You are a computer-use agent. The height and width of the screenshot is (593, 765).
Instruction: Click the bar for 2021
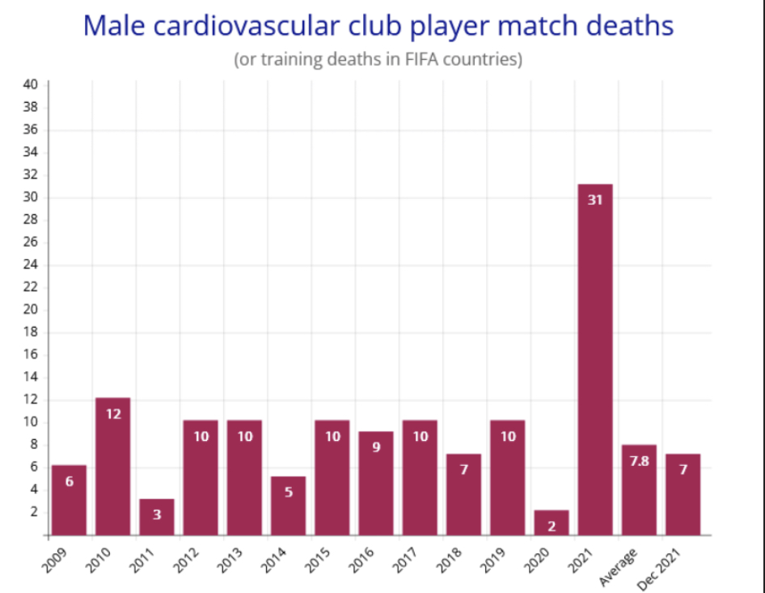click(x=595, y=360)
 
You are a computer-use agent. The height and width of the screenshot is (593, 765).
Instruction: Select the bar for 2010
click(x=112, y=467)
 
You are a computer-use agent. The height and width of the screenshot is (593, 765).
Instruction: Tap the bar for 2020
click(x=552, y=523)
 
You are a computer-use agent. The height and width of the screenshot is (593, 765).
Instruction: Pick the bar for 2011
click(x=157, y=517)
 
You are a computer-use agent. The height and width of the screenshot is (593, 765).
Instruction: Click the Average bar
click(x=639, y=490)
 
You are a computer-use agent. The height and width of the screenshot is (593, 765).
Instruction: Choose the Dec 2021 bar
click(x=683, y=494)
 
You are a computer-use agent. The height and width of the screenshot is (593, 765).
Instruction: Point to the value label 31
click(x=595, y=200)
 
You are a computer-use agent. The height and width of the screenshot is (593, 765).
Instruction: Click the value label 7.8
click(x=639, y=461)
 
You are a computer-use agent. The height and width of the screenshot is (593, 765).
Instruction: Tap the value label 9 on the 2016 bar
click(x=376, y=447)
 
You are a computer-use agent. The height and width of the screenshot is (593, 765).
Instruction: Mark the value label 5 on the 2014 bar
click(x=289, y=492)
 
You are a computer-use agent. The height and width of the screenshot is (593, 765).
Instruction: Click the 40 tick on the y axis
click(x=30, y=84)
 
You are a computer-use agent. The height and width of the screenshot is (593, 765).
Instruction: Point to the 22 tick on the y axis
click(x=30, y=287)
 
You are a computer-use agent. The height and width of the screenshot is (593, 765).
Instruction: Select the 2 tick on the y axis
click(x=34, y=512)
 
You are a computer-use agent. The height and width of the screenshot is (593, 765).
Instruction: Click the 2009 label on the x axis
click(x=54, y=561)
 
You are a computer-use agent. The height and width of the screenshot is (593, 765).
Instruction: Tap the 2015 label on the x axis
click(x=317, y=561)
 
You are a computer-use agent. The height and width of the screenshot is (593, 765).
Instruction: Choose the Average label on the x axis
click(x=618, y=567)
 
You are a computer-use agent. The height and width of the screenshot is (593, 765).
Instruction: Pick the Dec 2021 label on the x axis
click(x=658, y=570)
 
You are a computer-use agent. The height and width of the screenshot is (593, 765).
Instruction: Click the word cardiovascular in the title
click(x=247, y=26)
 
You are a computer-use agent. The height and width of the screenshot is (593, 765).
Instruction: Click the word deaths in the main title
click(x=630, y=26)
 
